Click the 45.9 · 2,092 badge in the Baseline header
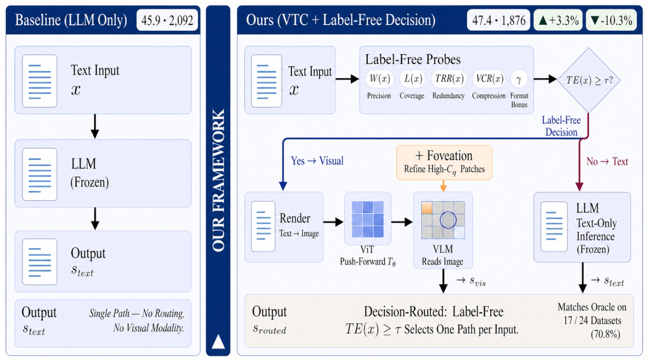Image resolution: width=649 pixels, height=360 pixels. [167, 20]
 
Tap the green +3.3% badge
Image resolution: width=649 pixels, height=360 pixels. [558, 20]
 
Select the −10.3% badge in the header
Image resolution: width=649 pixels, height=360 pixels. [611, 20]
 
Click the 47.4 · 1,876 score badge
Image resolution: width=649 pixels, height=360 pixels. [499, 20]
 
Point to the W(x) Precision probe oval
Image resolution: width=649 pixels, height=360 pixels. [379, 79]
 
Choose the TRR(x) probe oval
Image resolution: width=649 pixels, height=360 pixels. [449, 79]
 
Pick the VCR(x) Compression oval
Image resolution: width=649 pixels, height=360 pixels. [489, 79]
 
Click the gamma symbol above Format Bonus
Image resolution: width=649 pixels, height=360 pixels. [519, 79]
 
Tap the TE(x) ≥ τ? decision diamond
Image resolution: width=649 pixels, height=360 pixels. [589, 80]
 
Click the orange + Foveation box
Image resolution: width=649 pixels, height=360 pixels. [444, 163]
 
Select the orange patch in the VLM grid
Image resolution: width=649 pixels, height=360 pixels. [427, 208]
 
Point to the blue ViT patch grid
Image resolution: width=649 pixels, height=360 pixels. [368, 219]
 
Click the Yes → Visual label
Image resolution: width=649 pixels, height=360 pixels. [317, 160]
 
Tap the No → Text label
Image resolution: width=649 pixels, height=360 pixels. [607, 161]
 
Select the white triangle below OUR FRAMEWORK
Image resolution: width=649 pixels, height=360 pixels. [218, 341]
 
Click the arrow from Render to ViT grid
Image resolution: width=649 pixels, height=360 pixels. [333, 222]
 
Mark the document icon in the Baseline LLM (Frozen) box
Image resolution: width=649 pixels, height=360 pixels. [40, 174]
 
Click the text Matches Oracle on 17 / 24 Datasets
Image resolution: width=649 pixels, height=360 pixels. [592, 314]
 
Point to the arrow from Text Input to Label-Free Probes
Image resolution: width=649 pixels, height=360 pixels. [347, 79]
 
